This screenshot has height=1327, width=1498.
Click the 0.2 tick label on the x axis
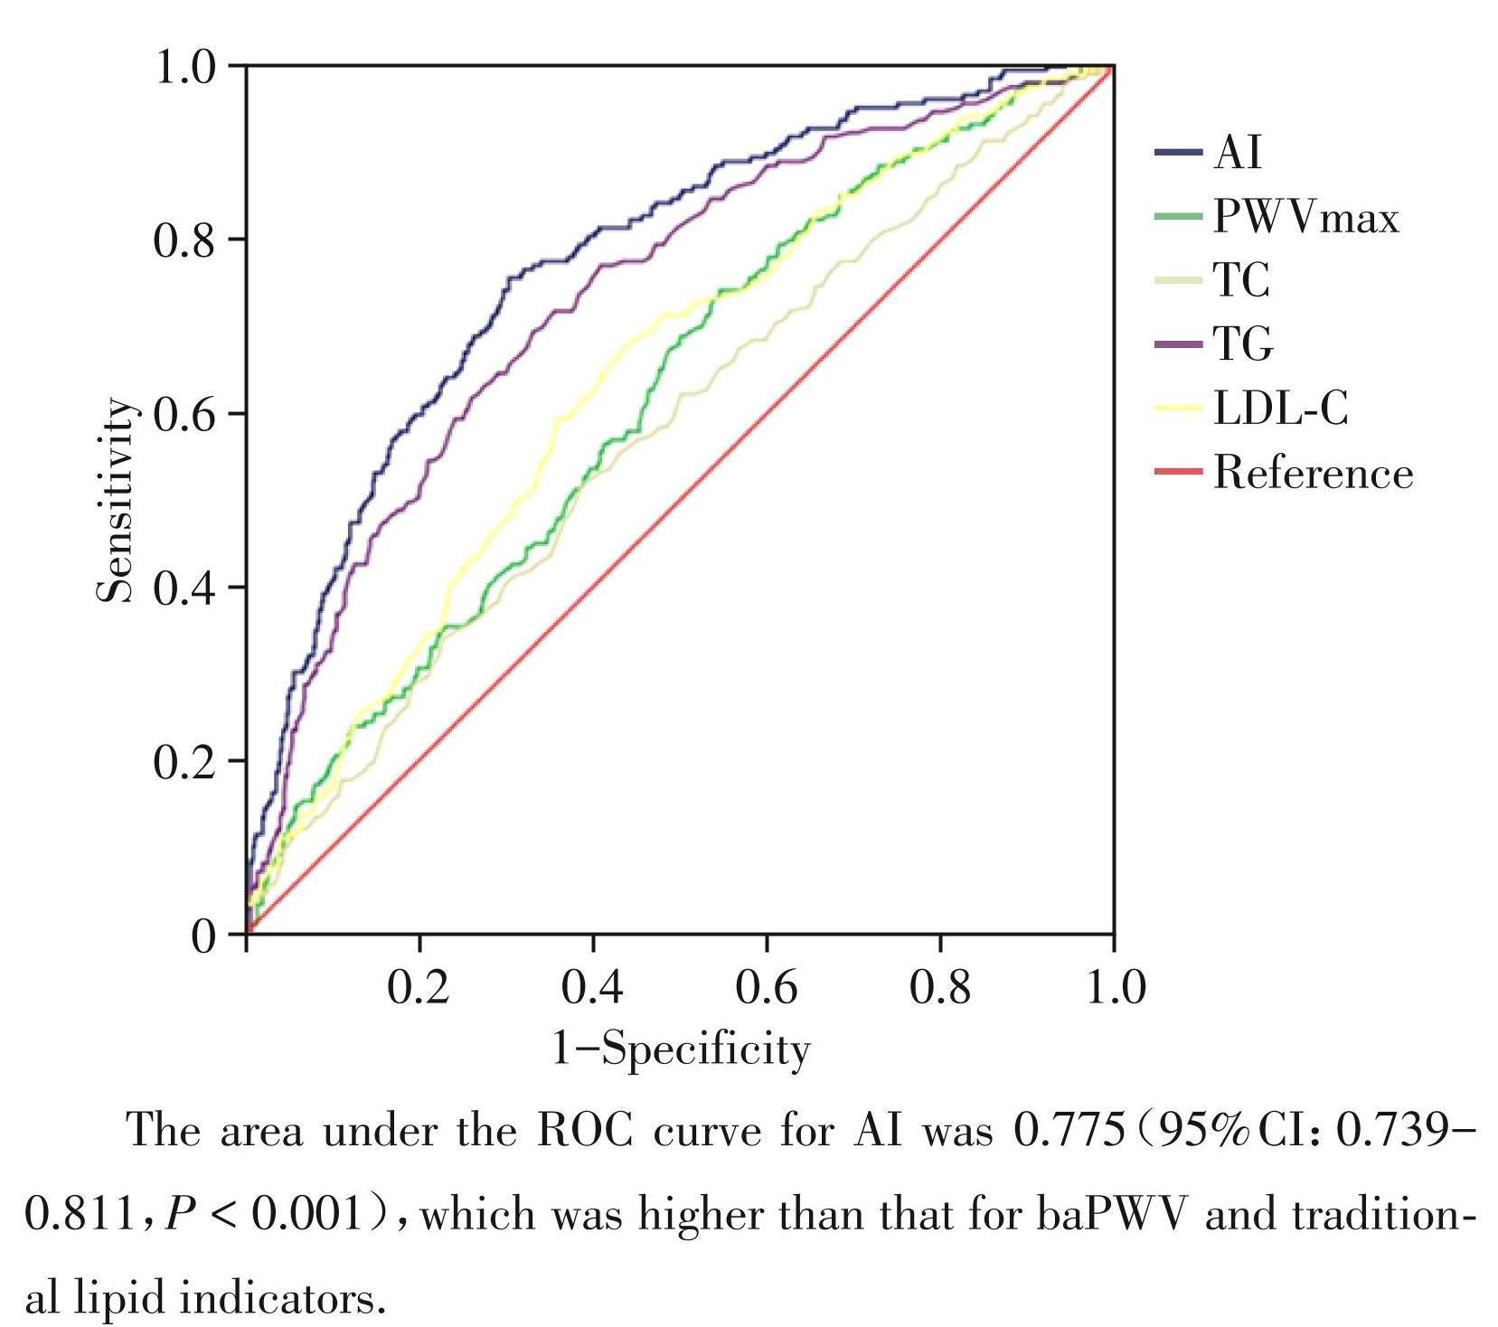click(419, 987)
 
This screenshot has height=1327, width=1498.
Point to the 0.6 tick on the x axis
click(767, 987)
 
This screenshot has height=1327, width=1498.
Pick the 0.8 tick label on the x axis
click(940, 987)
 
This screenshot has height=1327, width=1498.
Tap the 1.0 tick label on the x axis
click(1114, 987)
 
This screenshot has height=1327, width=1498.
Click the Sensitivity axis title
click(116, 500)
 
